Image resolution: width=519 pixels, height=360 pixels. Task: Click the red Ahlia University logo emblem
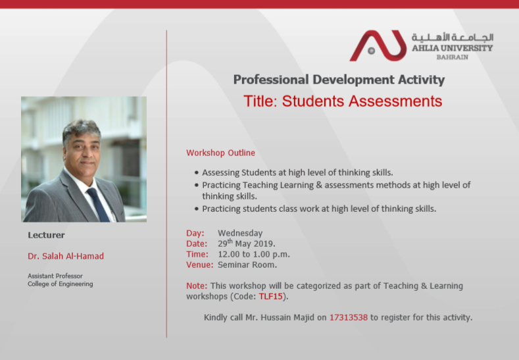(x=378, y=45)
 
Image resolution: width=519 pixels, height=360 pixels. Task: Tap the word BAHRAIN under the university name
(x=452, y=57)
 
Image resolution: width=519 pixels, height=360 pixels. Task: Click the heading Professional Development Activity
(x=339, y=80)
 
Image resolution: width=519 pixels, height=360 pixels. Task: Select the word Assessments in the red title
(x=395, y=101)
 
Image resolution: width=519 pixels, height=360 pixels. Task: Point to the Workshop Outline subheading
(x=220, y=153)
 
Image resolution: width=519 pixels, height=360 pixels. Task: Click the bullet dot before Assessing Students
(x=197, y=172)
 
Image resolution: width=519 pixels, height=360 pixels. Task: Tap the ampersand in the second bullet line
(x=319, y=185)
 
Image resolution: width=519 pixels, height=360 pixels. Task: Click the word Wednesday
(x=240, y=233)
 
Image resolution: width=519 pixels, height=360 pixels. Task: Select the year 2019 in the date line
(x=264, y=244)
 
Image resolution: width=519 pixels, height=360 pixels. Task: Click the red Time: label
(x=197, y=254)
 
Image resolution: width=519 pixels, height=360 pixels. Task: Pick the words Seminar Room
(x=247, y=265)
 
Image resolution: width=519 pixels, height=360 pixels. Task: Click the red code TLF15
(x=271, y=296)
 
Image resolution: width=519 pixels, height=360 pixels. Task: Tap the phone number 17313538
(x=349, y=317)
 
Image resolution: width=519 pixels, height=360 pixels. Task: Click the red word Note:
(x=197, y=286)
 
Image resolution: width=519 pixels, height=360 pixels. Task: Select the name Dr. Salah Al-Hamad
(x=66, y=256)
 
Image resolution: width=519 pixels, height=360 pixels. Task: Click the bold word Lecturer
(x=46, y=235)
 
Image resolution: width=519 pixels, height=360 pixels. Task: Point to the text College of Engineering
(x=61, y=284)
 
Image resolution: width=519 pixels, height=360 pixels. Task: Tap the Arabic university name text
(x=453, y=38)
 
